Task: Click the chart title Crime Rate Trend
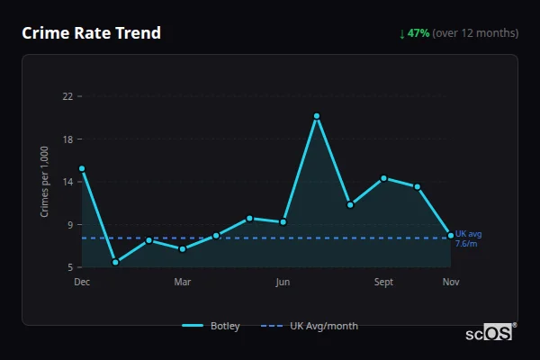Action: point(91,33)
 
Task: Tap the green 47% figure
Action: point(418,33)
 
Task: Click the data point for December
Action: point(82,168)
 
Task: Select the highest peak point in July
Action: point(317,116)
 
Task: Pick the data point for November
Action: point(451,236)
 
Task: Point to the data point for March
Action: point(183,248)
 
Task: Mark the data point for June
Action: point(283,221)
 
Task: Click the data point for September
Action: point(383,178)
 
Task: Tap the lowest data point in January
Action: point(115,262)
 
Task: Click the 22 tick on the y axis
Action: point(67,96)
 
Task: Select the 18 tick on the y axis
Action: point(67,139)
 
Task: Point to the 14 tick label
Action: point(67,182)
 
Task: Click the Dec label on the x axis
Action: point(82,282)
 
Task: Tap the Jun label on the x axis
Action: point(283,282)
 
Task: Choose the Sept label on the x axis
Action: point(383,282)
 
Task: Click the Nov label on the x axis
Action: point(451,282)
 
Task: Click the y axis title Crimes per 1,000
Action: point(45,182)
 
